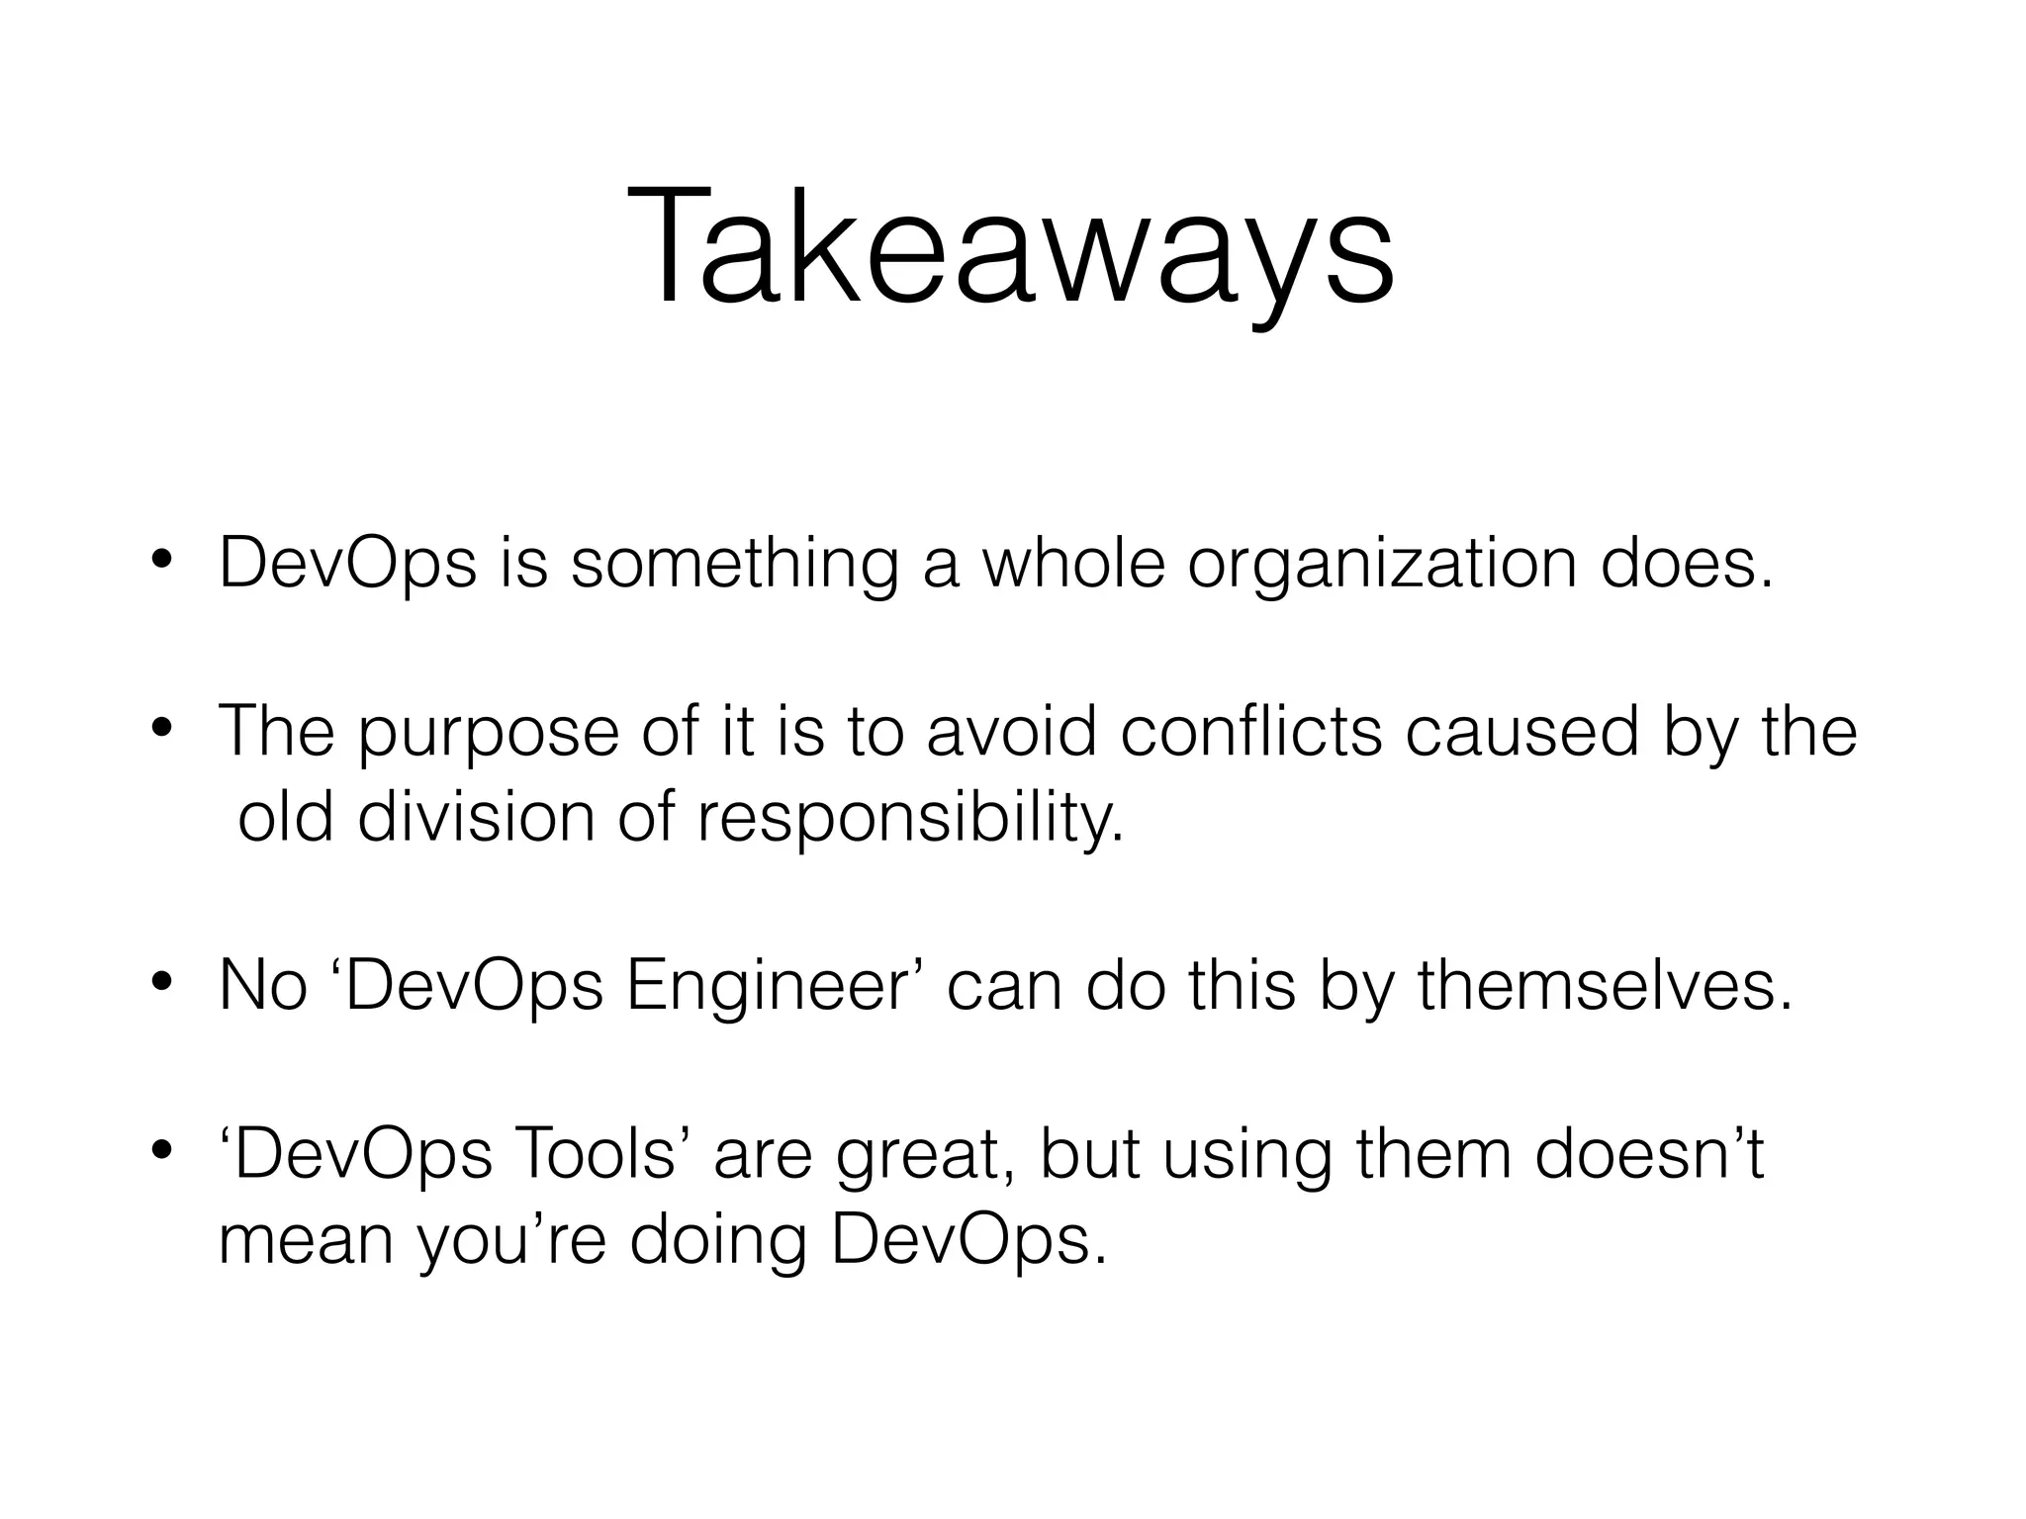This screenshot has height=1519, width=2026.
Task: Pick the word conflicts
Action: (1251, 732)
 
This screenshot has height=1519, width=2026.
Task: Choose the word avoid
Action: (1011, 732)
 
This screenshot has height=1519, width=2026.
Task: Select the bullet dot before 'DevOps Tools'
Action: (162, 1153)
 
